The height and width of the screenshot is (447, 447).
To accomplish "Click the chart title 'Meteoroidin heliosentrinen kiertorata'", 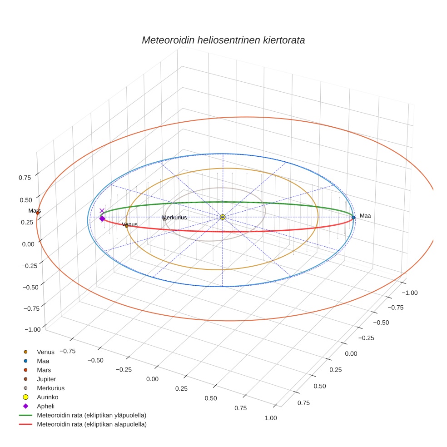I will click(223, 40).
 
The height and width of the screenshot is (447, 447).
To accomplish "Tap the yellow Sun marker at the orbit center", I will click(223, 217).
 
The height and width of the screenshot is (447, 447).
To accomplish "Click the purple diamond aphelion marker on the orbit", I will click(102, 219).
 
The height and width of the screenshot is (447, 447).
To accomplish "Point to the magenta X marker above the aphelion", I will click(102, 211).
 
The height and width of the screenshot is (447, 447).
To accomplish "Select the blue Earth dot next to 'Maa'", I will click(353, 218).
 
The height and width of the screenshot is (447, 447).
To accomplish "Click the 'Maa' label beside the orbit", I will click(365, 216).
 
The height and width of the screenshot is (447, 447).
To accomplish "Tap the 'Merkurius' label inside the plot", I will click(175, 218).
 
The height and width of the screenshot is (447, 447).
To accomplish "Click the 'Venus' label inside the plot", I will click(130, 224).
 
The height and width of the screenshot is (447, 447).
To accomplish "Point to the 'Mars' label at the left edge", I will click(35, 211).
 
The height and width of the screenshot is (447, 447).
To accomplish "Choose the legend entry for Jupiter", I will click(46, 379).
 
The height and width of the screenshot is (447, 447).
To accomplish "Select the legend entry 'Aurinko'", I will click(47, 397).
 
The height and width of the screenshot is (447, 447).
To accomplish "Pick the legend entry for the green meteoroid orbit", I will click(91, 415).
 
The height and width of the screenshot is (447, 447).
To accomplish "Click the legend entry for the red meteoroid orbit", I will click(91, 425).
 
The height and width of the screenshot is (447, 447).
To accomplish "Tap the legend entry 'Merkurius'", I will click(50, 388).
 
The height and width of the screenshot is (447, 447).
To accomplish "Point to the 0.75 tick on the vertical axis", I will click(25, 178).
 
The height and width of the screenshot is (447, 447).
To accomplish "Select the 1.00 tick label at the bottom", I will click(269, 418).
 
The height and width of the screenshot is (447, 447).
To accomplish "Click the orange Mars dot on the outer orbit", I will click(38, 213).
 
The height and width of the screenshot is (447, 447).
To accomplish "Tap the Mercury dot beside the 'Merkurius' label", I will click(164, 219).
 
